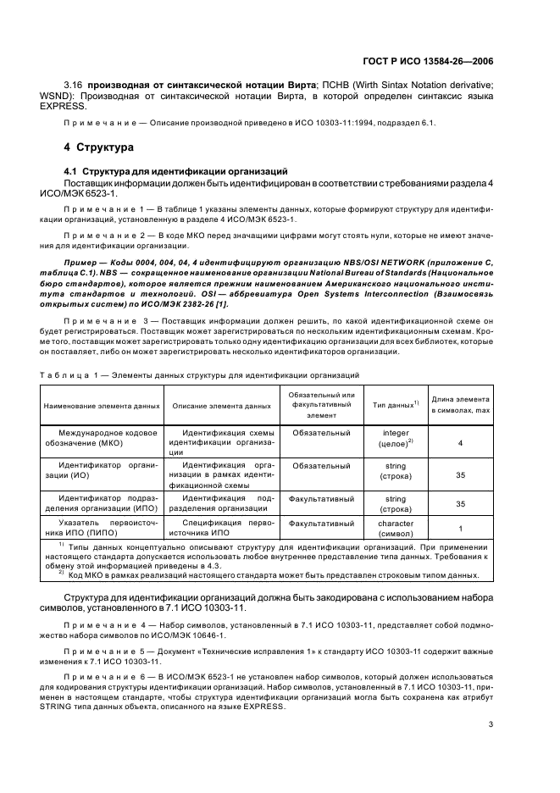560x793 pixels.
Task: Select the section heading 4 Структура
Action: pos(99,147)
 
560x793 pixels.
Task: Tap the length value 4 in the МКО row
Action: pos(460,443)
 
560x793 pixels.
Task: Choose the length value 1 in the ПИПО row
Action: pos(460,530)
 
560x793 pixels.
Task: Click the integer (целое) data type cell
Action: pos(396,438)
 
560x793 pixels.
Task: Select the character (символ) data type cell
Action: pos(396,530)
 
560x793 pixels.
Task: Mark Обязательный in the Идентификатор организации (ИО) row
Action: pos(322,465)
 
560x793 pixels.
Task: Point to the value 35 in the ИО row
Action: pos(460,475)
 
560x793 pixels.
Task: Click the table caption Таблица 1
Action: pos(80,374)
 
